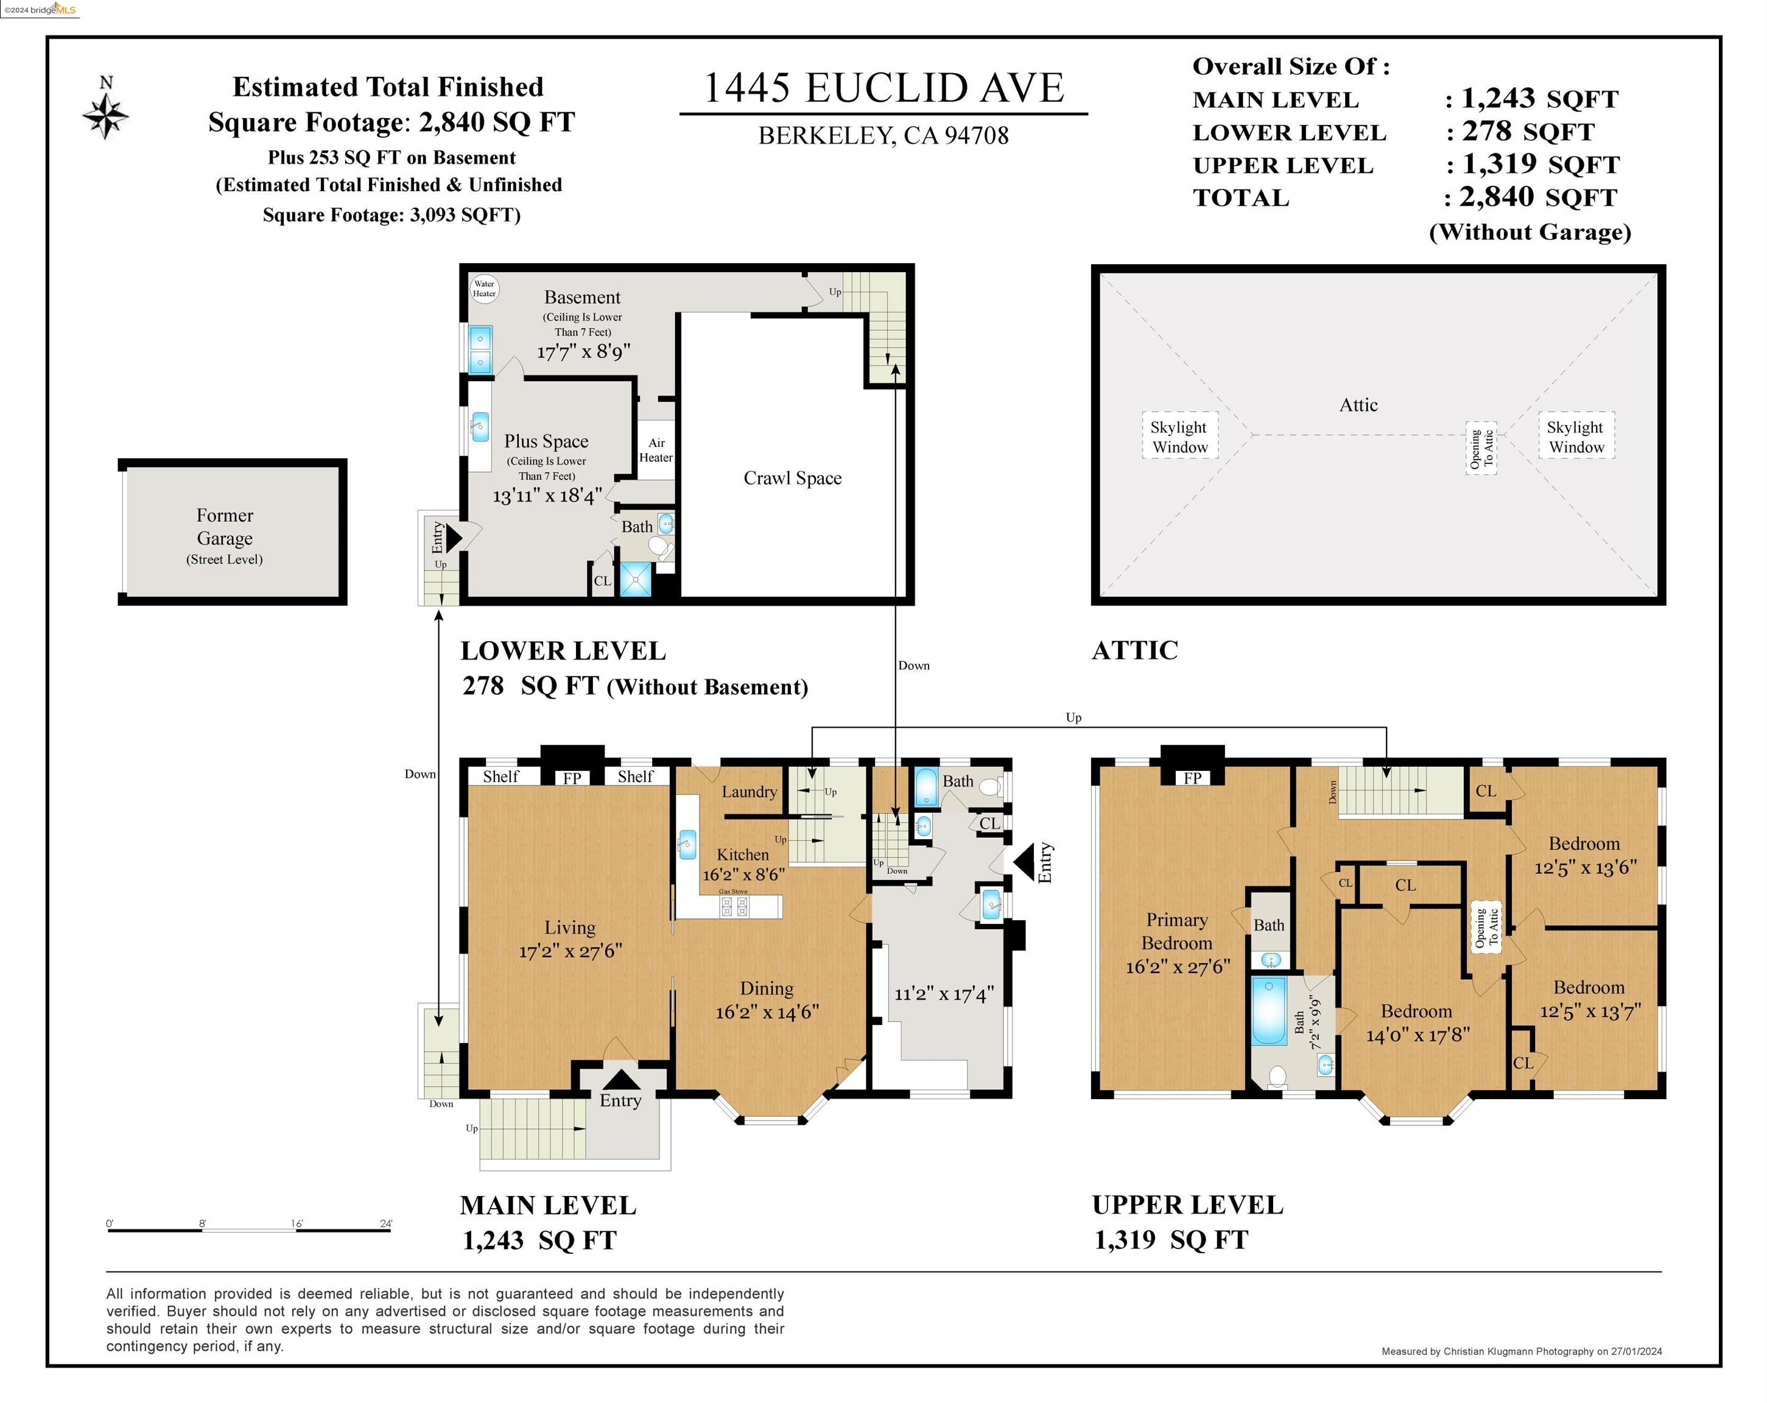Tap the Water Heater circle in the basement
484,289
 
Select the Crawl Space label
793,478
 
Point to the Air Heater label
656,450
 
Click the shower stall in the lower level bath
635,579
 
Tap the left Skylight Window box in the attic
1180,436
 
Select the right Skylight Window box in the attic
1576,436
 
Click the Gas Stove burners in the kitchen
734,906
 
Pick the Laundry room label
749,792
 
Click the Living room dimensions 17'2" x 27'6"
571,951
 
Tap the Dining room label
767,988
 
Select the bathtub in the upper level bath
1269,1010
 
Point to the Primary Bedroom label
1177,931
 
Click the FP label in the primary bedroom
1192,778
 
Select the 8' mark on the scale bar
202,1223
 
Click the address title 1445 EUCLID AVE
883,88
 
